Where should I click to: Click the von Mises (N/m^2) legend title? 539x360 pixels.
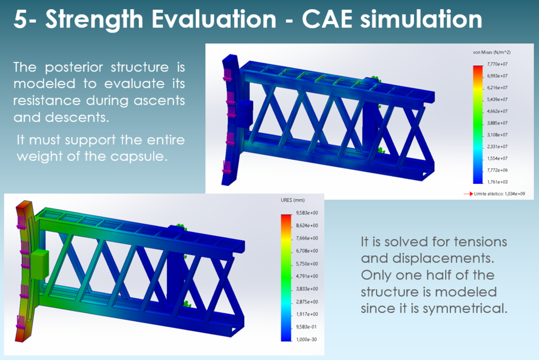tap(491, 52)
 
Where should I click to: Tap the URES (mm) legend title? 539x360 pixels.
tap(293, 200)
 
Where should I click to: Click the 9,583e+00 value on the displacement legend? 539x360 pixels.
tap(307, 213)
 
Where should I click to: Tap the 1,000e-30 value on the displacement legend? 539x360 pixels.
tap(307, 339)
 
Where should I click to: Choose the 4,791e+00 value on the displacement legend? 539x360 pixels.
tap(307, 276)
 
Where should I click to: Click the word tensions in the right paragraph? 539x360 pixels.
tap(478, 242)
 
